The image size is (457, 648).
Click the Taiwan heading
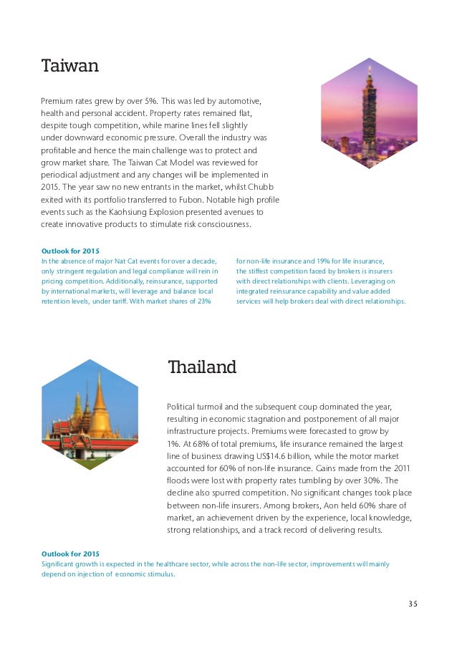pyautogui.click(x=69, y=67)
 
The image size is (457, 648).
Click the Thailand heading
pyautogui.click(x=201, y=367)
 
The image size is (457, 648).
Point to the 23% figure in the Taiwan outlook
pyautogui.click(x=203, y=301)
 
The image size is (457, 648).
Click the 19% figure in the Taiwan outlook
pyautogui.click(x=312, y=261)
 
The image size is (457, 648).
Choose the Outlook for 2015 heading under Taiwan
pyautogui.click(x=70, y=251)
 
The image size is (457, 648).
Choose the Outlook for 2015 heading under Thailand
pyautogui.click(x=70, y=554)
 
